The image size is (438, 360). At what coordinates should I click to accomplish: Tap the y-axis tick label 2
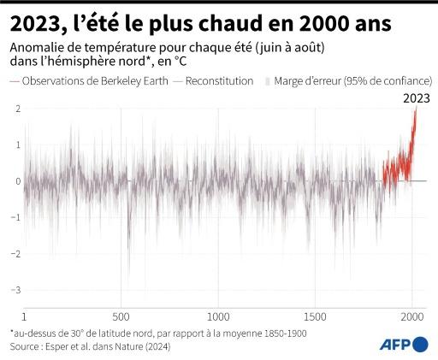[18, 109]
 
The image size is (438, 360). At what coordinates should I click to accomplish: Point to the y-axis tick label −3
[16, 290]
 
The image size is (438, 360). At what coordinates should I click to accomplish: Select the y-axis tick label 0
[18, 181]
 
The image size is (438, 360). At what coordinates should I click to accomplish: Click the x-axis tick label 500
[121, 314]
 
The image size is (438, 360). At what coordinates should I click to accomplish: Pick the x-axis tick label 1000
[218, 314]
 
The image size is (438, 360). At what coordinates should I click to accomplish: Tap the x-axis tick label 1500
[316, 314]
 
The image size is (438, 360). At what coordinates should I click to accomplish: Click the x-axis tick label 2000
[412, 314]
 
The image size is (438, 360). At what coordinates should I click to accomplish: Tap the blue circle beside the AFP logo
[420, 344]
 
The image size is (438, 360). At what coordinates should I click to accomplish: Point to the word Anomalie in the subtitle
[35, 49]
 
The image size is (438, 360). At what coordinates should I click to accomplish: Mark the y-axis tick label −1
[16, 217]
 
